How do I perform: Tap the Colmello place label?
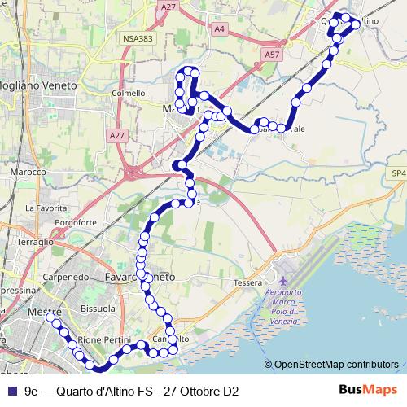coord(129,93)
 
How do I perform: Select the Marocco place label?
coord(28,173)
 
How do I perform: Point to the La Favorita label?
coord(43,208)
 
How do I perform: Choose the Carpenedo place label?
coord(65,277)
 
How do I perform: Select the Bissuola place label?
coord(98,309)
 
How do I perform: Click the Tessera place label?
coord(247,282)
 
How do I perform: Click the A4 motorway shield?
coord(218,28)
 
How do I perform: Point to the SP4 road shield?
coord(397,173)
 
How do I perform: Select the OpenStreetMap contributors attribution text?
coord(335,365)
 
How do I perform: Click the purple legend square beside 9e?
coord(11,391)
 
